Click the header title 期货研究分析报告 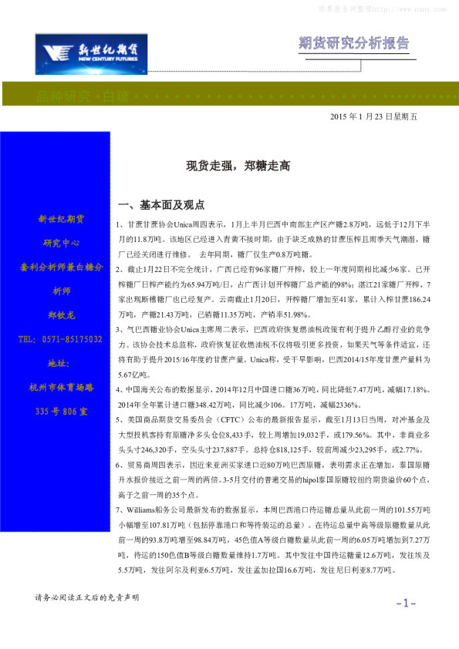point(353,43)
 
